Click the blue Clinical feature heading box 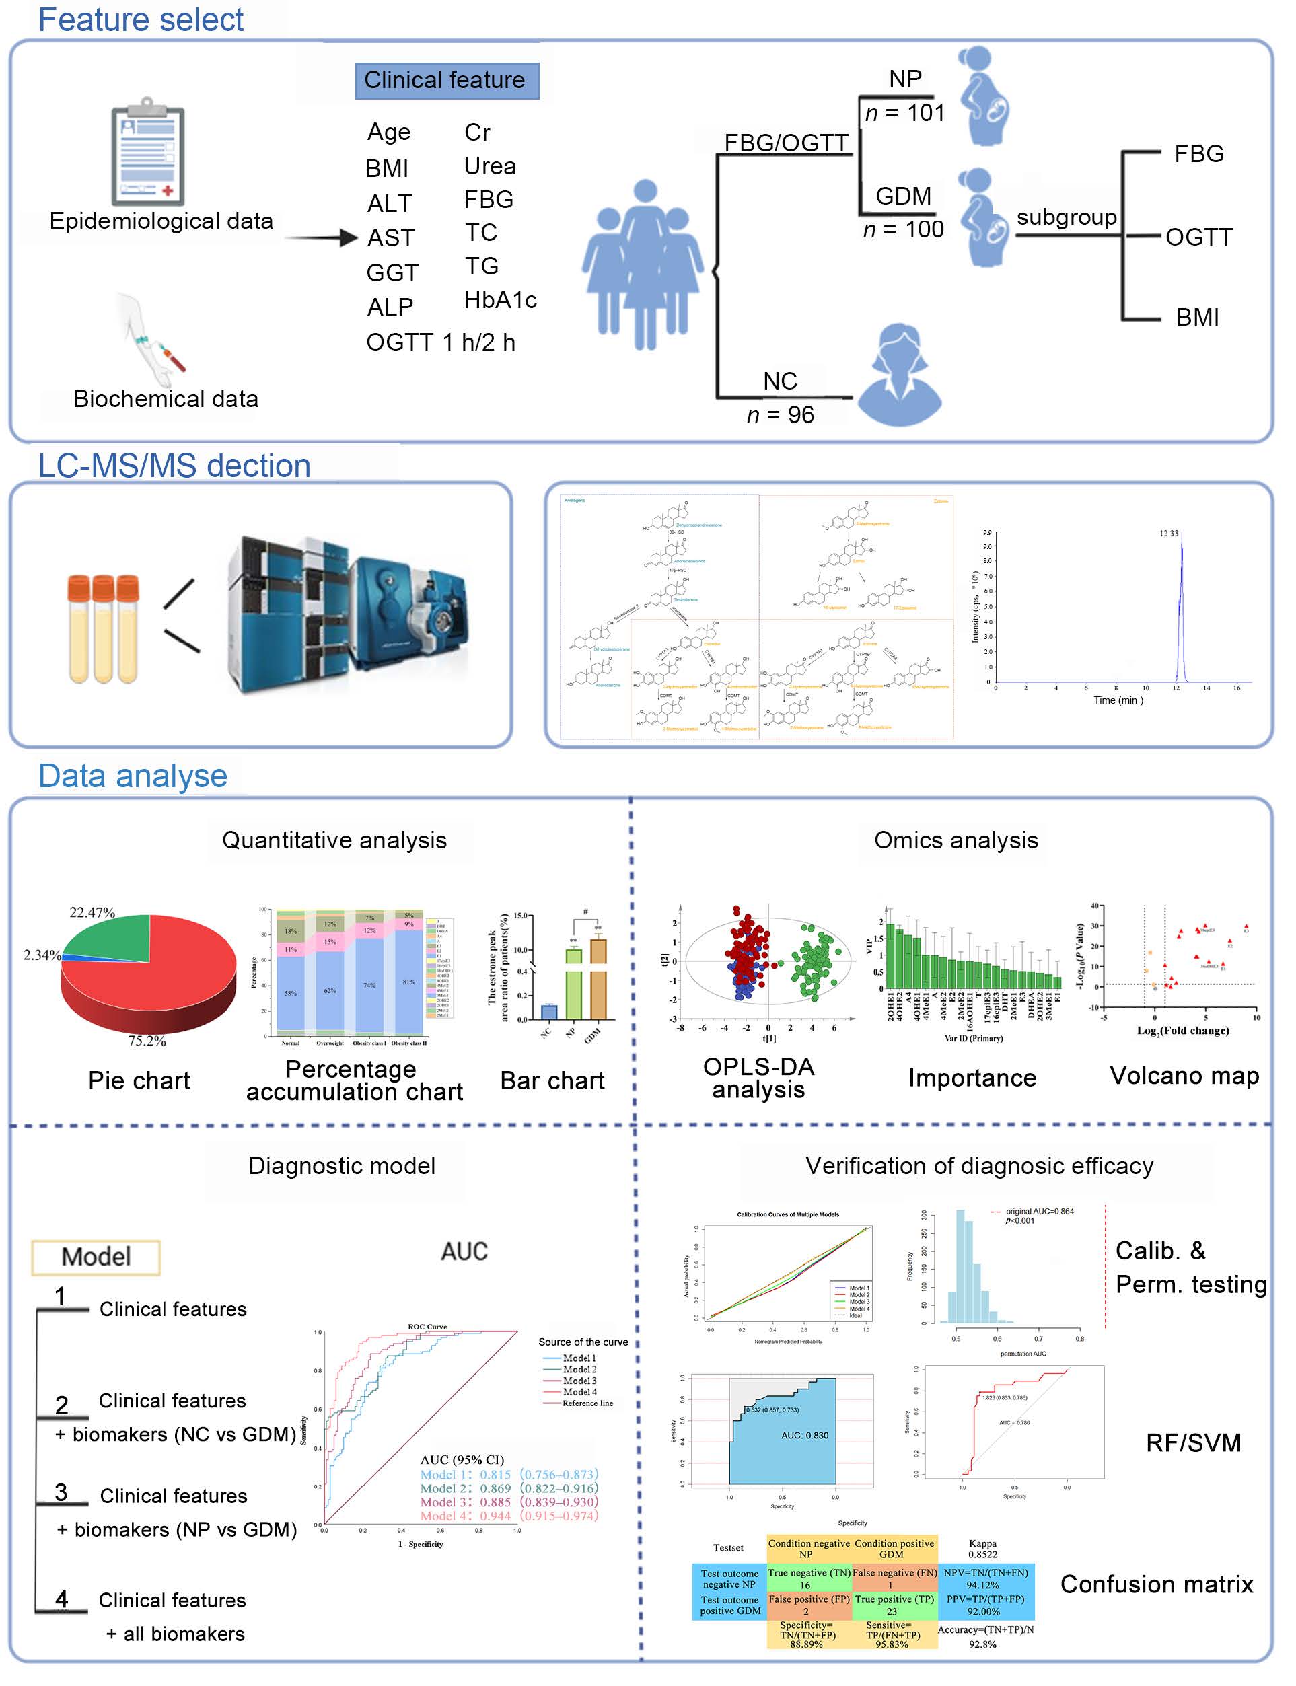click(x=447, y=80)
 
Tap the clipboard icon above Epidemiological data click(x=147, y=153)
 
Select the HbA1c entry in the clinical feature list click(x=500, y=300)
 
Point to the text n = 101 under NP click(x=904, y=114)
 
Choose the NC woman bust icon click(x=900, y=375)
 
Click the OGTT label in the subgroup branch click(x=1198, y=237)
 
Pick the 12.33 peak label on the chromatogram click(x=1168, y=533)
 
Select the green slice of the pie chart click(x=112, y=937)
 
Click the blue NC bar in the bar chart click(x=549, y=1011)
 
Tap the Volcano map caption click(x=1184, y=1075)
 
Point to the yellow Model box click(x=96, y=1256)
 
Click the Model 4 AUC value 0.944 click(x=495, y=1516)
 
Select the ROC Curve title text click(x=427, y=1327)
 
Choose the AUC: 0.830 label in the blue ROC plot click(x=805, y=1435)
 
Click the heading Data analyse click(x=133, y=776)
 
